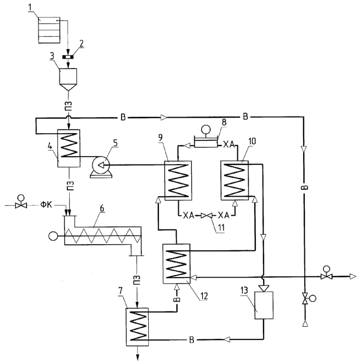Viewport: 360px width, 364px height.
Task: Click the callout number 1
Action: [30, 7]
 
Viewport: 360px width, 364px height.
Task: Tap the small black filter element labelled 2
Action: [68, 57]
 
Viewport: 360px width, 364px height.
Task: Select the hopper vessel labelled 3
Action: [68, 80]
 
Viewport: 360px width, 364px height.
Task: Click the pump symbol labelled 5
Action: [101, 167]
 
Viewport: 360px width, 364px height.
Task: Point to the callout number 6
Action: [102, 208]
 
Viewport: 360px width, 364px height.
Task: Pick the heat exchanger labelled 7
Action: [137, 327]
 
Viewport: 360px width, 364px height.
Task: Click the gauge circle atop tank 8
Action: [206, 129]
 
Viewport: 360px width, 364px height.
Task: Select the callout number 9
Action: [160, 138]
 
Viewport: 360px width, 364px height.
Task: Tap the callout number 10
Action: [252, 141]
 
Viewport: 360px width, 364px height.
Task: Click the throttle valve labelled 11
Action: [206, 216]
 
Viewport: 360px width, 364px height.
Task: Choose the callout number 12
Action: [204, 295]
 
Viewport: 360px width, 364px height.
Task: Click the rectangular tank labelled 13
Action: [264, 305]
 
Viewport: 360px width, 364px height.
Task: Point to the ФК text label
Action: [46, 205]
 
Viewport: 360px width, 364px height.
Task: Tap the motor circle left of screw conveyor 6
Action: [53, 236]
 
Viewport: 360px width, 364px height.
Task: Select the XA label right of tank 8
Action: [229, 144]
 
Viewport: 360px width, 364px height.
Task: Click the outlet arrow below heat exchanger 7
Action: [138, 353]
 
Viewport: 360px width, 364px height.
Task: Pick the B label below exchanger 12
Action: [177, 299]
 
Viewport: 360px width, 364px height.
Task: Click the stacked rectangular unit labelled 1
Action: [49, 30]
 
